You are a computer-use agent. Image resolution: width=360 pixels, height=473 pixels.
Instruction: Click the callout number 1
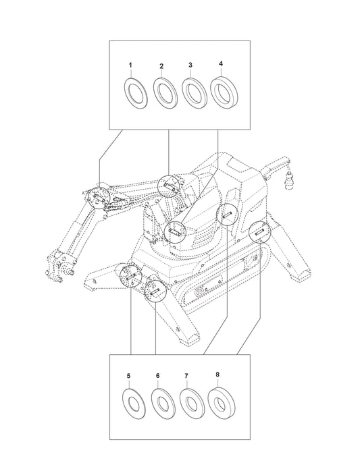[x=130, y=65]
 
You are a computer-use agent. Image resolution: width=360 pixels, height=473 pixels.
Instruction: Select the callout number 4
[x=221, y=63]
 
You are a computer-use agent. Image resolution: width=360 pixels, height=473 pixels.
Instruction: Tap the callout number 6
[x=157, y=376]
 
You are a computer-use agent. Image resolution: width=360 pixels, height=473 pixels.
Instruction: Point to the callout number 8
[x=217, y=374]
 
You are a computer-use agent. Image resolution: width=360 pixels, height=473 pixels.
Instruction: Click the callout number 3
[x=190, y=65]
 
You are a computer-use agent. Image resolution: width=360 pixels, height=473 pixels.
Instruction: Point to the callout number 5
[x=128, y=376]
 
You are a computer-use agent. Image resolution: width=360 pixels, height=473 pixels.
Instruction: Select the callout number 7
[x=186, y=376]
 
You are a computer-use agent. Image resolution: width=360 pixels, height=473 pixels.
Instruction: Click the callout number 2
[x=161, y=65]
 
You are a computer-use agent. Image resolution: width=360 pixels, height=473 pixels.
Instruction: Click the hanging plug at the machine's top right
[x=290, y=181]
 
